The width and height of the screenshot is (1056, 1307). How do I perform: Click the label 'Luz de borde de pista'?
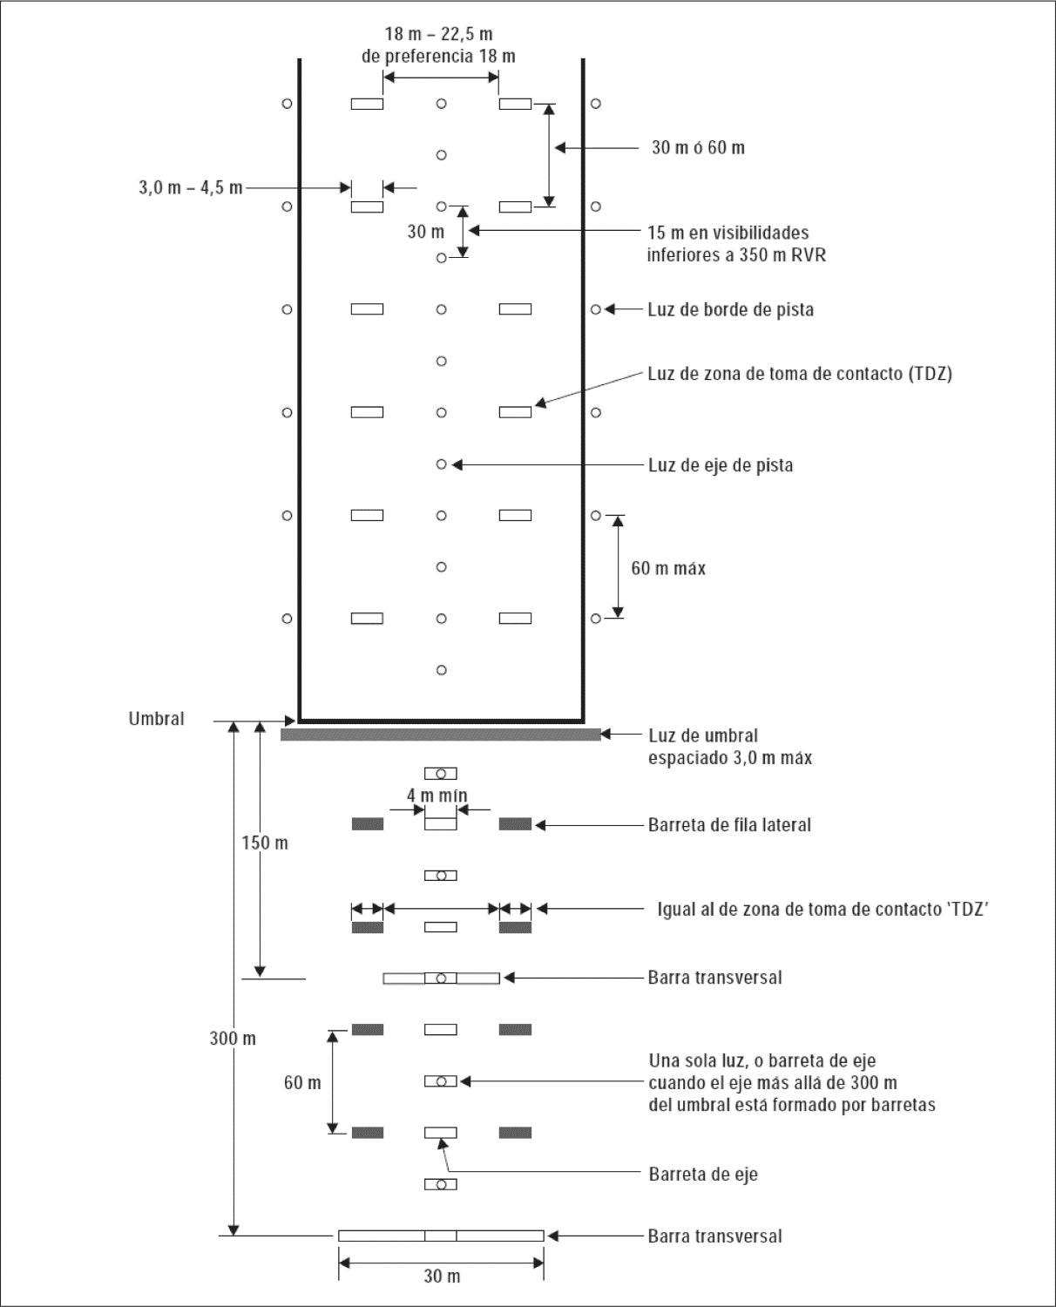(730, 309)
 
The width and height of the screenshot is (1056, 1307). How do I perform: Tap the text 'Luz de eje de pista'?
(721, 465)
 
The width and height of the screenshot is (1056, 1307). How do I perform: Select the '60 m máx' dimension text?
(668, 568)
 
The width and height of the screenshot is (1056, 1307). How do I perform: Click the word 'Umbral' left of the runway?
(156, 720)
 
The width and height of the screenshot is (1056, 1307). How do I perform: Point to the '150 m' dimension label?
(265, 843)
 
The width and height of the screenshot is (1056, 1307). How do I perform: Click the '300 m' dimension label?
(233, 1039)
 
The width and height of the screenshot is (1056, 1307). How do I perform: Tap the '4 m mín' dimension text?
(437, 796)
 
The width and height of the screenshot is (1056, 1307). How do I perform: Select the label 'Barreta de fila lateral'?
(729, 825)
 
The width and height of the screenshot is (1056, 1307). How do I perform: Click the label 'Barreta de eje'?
(703, 1174)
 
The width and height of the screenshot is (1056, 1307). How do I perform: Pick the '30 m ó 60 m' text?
(698, 148)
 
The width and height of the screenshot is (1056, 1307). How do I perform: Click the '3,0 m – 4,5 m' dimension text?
(191, 187)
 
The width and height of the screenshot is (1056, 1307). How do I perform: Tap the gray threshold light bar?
(441, 735)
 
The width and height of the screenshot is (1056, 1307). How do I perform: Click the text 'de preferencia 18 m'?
(439, 57)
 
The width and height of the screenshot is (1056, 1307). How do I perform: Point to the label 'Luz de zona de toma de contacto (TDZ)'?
(799, 374)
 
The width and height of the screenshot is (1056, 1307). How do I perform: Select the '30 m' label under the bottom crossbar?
(442, 1277)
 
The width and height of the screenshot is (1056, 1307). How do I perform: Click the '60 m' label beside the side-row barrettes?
(302, 1083)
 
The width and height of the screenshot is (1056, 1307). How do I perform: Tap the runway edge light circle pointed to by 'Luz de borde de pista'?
(596, 309)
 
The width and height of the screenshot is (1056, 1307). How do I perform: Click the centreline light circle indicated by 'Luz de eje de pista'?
(442, 464)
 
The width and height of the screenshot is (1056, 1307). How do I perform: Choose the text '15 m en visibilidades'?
(728, 233)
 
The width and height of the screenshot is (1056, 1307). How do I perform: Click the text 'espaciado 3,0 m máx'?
(730, 758)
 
